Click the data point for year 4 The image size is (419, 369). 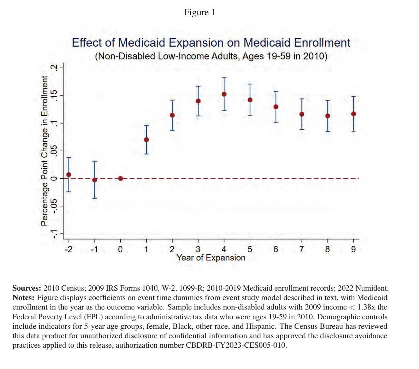coord(224,94)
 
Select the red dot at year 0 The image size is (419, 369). coord(120,178)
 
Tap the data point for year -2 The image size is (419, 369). coord(69,174)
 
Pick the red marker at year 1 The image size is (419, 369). coord(146,140)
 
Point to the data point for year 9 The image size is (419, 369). coord(353,114)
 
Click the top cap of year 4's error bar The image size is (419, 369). coord(224,78)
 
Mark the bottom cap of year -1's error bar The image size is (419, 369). coord(95,199)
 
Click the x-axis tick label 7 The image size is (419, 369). coord(302,249)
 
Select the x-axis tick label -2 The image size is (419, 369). coord(69,249)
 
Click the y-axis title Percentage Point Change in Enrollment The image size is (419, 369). coord(45,151)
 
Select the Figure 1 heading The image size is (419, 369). coord(199,12)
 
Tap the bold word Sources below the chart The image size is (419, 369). coord(27,288)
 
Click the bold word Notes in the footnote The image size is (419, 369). coord(23,297)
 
